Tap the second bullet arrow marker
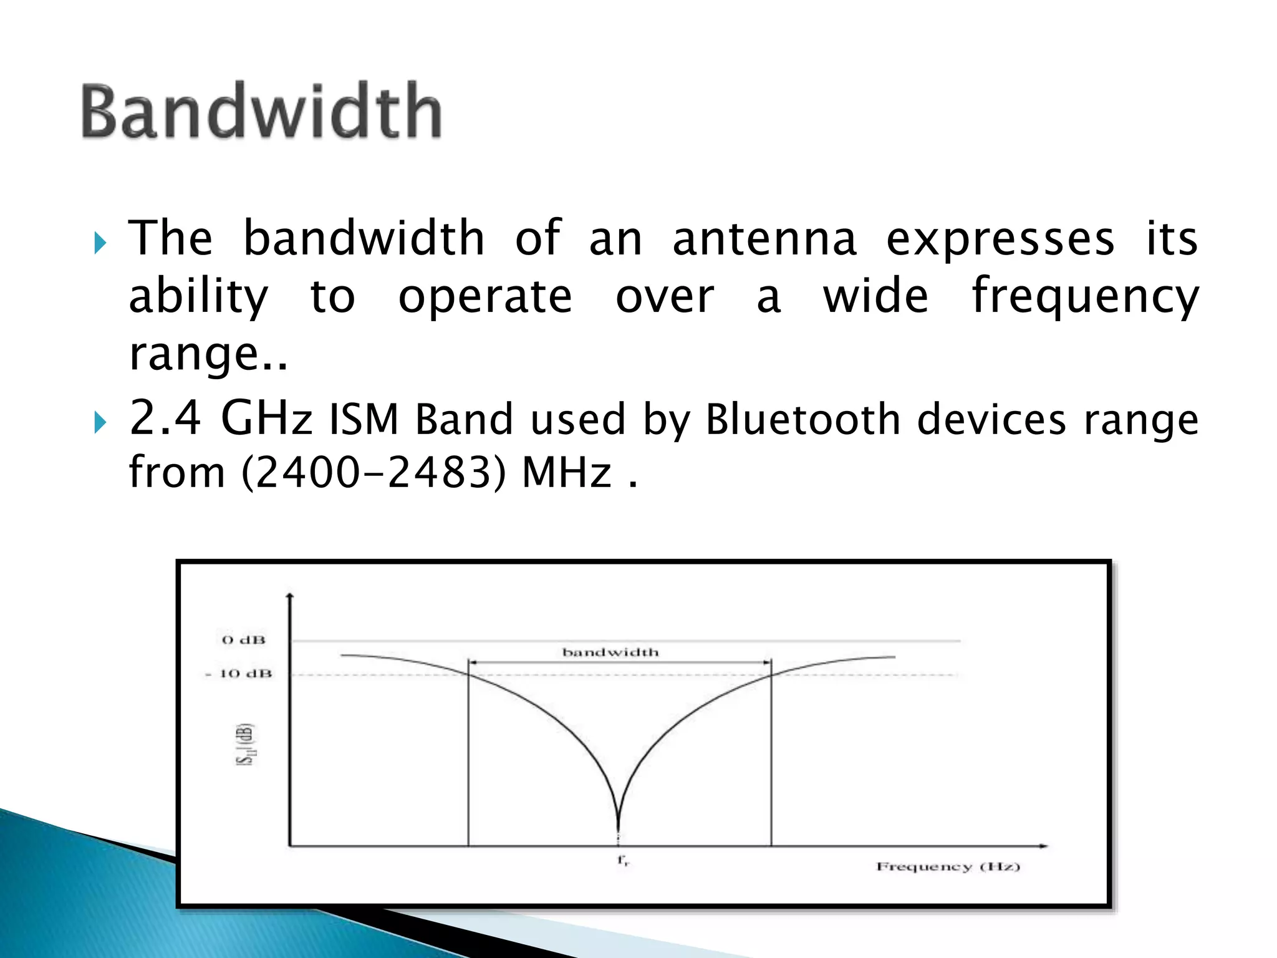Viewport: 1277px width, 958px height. tap(100, 422)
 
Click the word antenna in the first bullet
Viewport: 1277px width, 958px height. tap(764, 239)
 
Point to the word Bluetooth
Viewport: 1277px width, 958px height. tap(803, 419)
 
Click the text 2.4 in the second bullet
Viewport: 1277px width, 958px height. tap(165, 418)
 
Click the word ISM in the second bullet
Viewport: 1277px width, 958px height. tap(364, 419)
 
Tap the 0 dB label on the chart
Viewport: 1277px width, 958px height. tap(244, 640)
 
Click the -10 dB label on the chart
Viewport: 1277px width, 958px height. tap(239, 674)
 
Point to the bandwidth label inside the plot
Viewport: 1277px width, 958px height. tap(610, 652)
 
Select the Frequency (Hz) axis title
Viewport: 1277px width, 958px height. tap(948, 866)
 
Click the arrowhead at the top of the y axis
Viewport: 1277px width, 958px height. tap(289, 597)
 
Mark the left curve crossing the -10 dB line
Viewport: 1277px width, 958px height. tap(468, 674)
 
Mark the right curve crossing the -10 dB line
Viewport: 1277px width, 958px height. tap(771, 674)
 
